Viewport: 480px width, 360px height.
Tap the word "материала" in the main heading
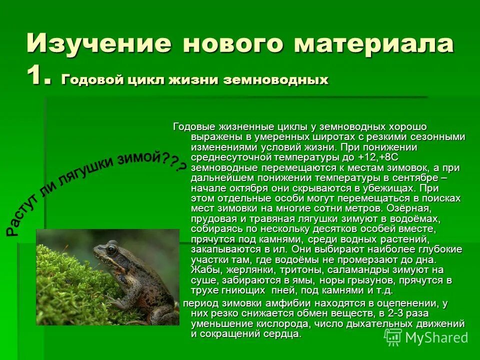(374, 43)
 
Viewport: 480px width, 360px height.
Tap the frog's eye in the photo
(111, 248)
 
